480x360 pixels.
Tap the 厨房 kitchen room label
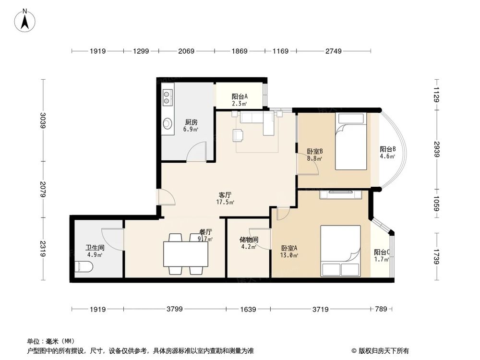click(x=191, y=122)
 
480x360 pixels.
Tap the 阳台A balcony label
click(x=239, y=96)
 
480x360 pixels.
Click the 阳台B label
click(x=387, y=149)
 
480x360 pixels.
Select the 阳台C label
click(x=382, y=252)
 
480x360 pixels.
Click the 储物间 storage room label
click(x=249, y=240)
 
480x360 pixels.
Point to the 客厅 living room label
click(x=225, y=195)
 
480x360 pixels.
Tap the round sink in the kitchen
click(x=168, y=123)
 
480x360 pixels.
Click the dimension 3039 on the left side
click(x=43, y=120)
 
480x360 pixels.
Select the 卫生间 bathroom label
click(x=94, y=248)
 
